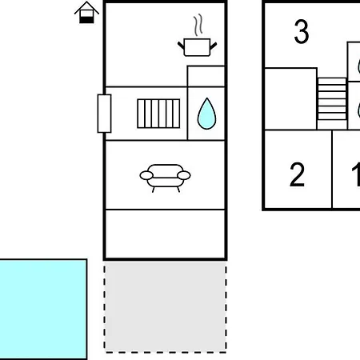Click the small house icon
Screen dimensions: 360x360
click(x=86, y=13)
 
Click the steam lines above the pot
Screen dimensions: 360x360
click(x=198, y=25)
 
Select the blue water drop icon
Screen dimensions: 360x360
click(x=206, y=114)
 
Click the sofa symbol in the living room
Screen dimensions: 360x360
click(x=165, y=178)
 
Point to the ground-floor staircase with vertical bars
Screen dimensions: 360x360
click(x=158, y=114)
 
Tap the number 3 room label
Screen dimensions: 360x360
click(x=302, y=31)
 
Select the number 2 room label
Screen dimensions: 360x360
click(x=297, y=174)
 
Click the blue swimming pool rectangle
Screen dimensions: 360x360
click(x=43, y=310)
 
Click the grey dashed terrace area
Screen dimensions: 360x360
click(x=165, y=307)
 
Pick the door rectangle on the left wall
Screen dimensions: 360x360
click(x=104, y=114)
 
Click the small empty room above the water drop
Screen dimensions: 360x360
click(x=206, y=76)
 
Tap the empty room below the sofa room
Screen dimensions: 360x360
click(x=165, y=234)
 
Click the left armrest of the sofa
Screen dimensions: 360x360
click(x=146, y=175)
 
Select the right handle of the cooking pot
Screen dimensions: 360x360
click(x=214, y=46)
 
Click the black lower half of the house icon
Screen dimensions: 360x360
click(x=86, y=20)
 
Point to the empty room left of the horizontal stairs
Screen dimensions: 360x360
click(x=290, y=99)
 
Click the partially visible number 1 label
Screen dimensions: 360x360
click(x=356, y=174)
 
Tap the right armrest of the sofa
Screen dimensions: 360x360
click(x=184, y=175)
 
